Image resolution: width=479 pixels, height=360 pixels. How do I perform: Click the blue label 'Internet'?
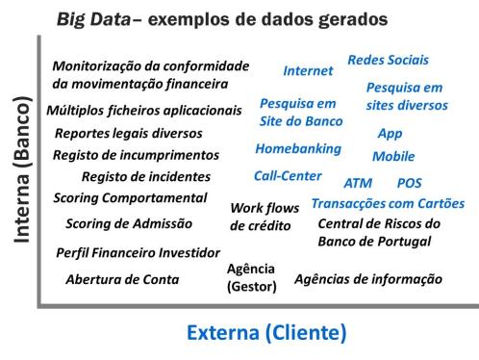[308, 70]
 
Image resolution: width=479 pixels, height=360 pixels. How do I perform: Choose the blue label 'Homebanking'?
[298, 149]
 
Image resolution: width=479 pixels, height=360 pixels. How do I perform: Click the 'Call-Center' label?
[289, 177]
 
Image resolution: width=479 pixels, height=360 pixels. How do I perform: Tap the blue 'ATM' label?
[358, 183]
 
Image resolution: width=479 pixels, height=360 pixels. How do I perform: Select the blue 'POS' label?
[409, 183]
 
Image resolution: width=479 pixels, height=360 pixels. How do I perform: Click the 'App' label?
[390, 133]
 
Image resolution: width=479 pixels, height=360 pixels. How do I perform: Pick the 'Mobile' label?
[393, 156]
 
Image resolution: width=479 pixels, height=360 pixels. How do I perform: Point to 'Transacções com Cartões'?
[388, 204]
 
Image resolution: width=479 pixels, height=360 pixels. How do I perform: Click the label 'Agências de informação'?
[368, 279]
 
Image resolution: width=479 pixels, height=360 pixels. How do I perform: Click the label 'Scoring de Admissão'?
[129, 224]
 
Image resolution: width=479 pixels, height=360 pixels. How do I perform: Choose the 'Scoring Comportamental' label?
[130, 198]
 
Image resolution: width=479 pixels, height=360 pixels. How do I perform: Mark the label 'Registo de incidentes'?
[146, 176]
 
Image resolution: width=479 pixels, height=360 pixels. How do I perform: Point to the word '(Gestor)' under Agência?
[251, 287]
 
